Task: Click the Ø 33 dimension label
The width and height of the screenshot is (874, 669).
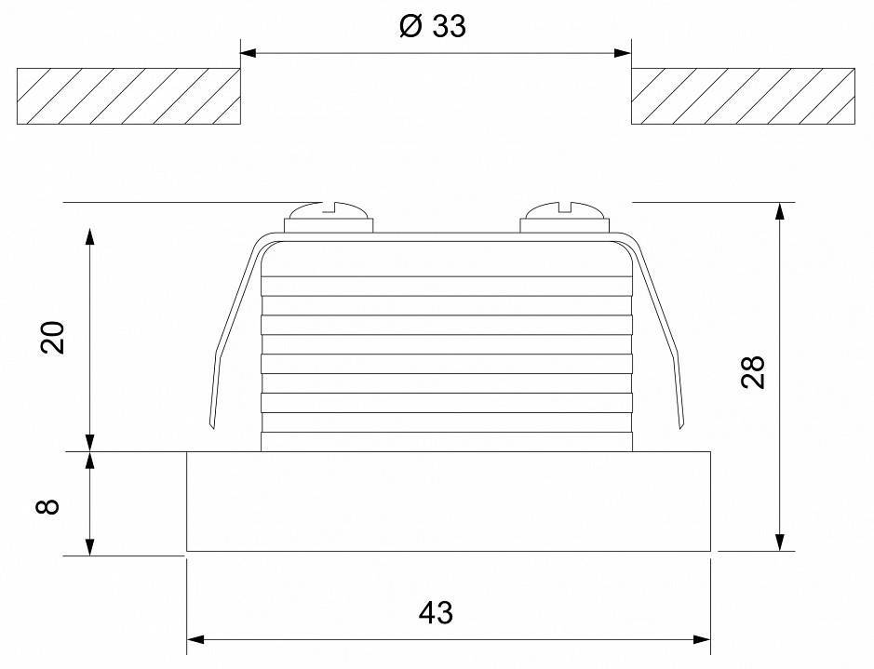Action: (x=431, y=26)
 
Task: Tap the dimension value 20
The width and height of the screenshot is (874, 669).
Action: (x=55, y=337)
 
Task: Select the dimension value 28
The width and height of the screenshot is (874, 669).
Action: (x=754, y=372)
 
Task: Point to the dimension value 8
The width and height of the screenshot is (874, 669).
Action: (x=52, y=504)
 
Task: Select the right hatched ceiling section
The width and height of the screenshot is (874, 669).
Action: (x=743, y=96)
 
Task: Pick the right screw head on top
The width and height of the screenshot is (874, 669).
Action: (x=564, y=217)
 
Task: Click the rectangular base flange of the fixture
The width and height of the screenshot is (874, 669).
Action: (x=450, y=502)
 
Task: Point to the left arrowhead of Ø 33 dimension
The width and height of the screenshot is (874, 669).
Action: (x=249, y=53)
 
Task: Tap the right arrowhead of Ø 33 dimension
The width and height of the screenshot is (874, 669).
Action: (x=624, y=53)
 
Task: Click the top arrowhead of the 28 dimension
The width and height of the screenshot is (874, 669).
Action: (x=780, y=212)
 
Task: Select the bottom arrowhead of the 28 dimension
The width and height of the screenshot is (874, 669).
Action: (x=780, y=542)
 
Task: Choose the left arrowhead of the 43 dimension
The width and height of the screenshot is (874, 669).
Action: (x=196, y=639)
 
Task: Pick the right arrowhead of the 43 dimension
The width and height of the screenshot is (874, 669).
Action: (x=703, y=639)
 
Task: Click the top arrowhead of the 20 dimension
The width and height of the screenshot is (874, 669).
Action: (x=90, y=234)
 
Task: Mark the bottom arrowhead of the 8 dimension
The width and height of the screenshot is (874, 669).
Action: (x=90, y=547)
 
